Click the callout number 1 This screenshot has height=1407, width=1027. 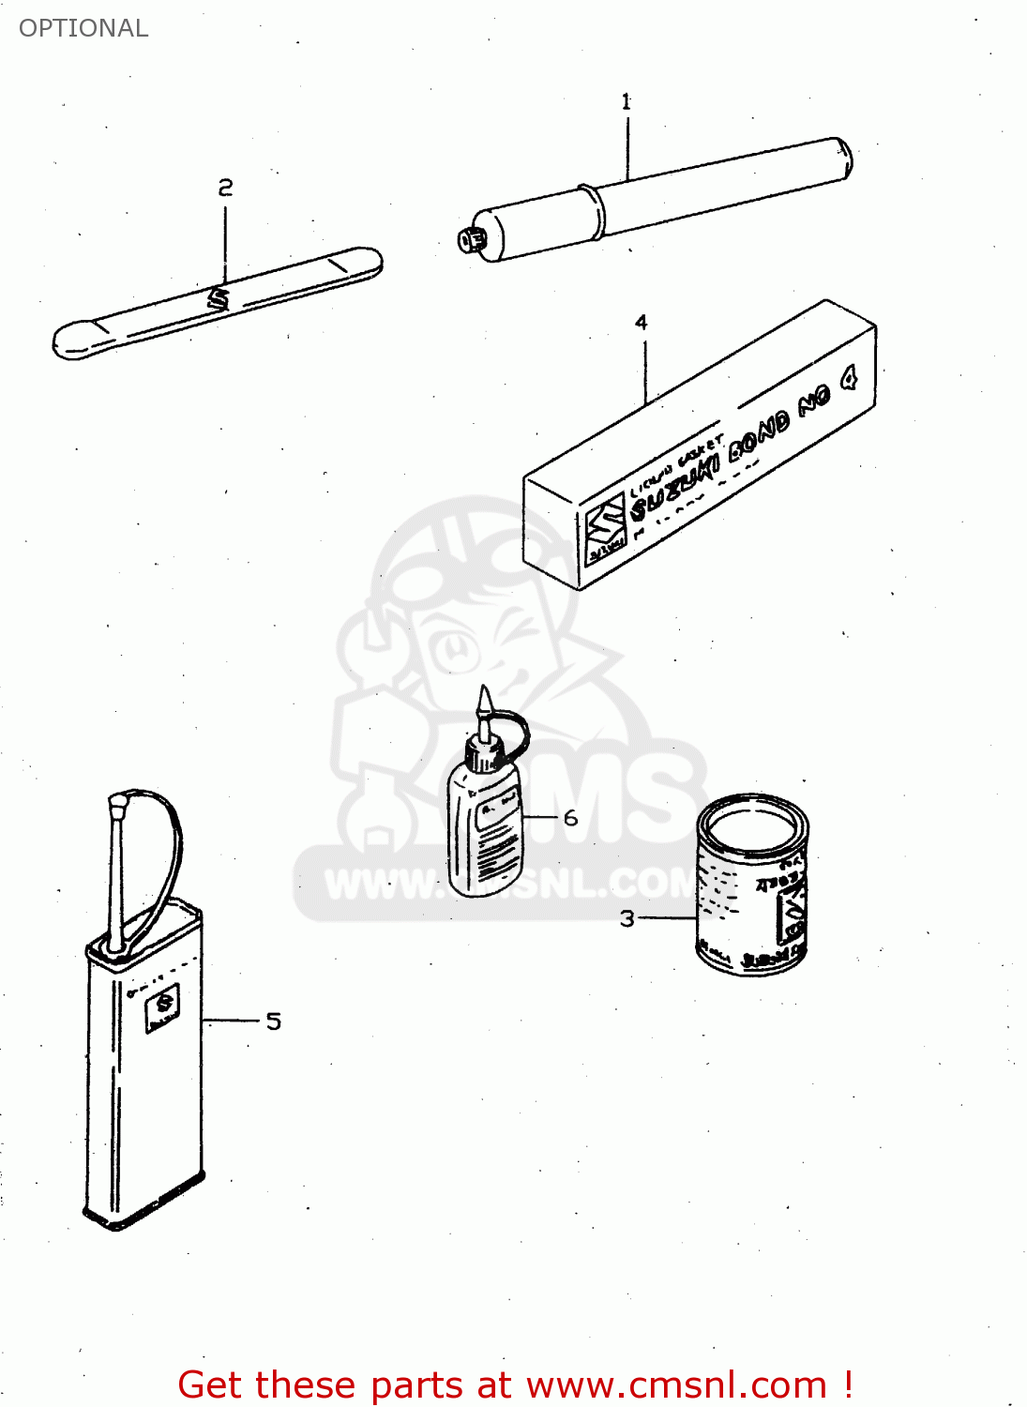point(626,101)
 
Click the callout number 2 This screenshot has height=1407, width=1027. point(225,188)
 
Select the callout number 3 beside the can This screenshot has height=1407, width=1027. point(627,918)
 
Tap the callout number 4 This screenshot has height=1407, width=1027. point(641,323)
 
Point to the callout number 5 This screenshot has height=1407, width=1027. point(273,1021)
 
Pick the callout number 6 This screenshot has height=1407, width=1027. point(570,818)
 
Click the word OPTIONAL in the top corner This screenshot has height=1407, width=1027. point(83,28)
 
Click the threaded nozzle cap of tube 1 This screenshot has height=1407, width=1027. point(470,239)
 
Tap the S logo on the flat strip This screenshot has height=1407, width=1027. point(218,298)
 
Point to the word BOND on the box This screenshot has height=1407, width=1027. point(760,434)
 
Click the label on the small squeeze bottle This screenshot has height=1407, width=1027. point(491,812)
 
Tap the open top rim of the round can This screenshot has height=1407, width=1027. point(751,825)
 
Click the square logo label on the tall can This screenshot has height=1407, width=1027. point(163,1007)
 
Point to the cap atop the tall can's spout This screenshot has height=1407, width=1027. point(118,803)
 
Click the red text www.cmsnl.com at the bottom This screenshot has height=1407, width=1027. point(675,1384)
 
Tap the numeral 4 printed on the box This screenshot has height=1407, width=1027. point(848,379)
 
